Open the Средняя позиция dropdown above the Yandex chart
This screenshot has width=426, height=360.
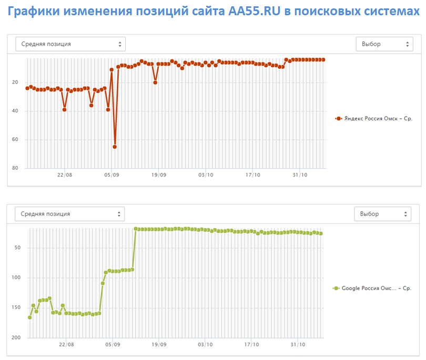coord(70,44)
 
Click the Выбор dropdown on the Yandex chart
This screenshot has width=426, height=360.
coord(384,44)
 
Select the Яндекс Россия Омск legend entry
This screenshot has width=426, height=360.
coord(374,119)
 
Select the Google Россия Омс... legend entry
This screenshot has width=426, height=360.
coord(372,288)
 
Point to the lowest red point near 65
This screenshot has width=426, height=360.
coord(115,147)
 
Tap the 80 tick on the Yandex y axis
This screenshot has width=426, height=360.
coord(15,168)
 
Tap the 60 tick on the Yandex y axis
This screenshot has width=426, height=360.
coord(15,140)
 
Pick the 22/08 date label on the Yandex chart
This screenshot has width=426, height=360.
coord(64,175)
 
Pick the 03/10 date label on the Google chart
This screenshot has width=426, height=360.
coord(205,345)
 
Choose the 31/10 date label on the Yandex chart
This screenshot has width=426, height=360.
coord(299,175)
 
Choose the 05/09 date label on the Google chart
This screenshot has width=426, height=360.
coord(111,345)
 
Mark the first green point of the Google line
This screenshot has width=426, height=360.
coord(29,317)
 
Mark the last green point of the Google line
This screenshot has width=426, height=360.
coord(321,233)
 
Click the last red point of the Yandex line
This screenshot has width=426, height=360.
coord(323,59)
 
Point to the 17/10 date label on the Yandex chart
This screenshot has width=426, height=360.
coord(252,175)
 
